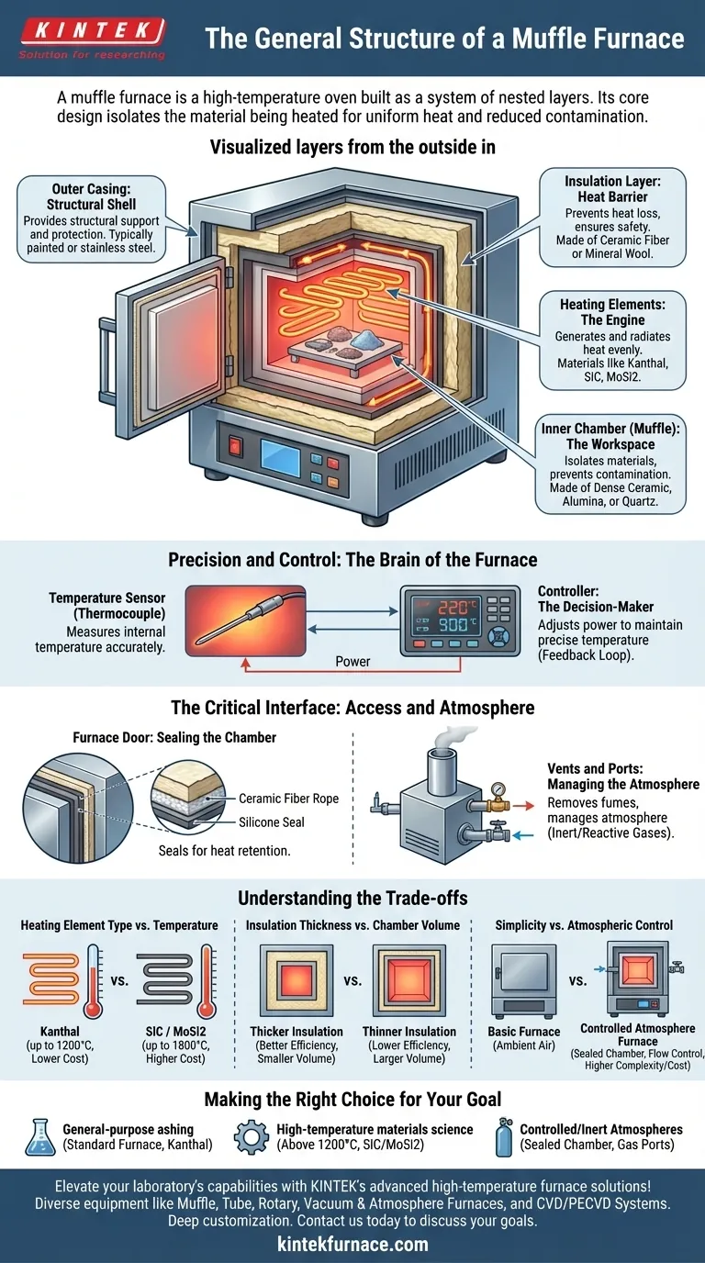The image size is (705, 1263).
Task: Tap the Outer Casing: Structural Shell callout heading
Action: tap(92, 196)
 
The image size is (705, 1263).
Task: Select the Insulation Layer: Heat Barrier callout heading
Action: tap(611, 188)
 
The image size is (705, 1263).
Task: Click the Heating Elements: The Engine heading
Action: tap(612, 311)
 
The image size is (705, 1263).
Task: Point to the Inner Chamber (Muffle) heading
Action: tap(610, 436)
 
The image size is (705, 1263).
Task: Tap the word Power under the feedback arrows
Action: tap(352, 661)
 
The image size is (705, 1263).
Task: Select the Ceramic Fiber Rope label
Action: tap(288, 799)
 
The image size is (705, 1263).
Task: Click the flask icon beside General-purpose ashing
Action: tap(37, 1137)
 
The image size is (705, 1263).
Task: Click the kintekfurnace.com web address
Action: tap(352, 1244)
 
